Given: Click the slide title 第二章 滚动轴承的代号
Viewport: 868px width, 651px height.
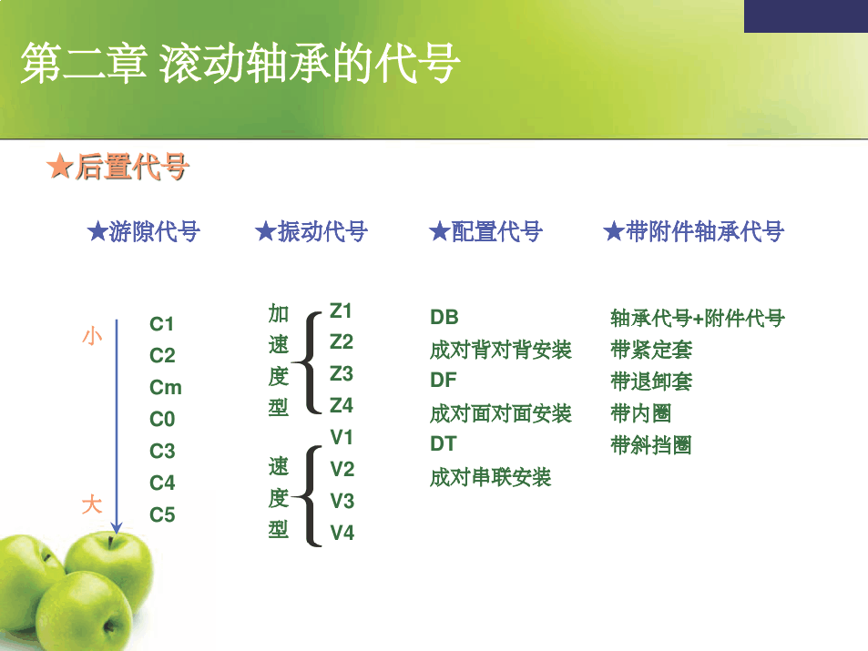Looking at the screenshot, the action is [240, 63].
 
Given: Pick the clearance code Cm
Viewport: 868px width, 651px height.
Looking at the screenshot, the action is [166, 388].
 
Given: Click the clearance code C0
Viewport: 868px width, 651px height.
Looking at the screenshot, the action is [162, 419].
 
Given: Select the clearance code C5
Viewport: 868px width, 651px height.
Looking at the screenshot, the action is [162, 514].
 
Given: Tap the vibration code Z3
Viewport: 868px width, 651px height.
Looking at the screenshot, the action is [341, 373].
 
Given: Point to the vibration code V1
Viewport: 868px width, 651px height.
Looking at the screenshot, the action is [342, 437].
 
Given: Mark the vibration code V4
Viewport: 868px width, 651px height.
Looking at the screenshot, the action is [342, 533].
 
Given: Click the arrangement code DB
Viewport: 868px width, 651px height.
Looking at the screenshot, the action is [444, 317].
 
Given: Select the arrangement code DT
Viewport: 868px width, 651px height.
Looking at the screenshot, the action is [444, 443].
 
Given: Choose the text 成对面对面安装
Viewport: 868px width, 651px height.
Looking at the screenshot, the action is [500, 413].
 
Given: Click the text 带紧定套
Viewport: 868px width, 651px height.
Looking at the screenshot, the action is [651, 350].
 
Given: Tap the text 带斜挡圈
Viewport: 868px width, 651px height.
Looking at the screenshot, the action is [651, 444].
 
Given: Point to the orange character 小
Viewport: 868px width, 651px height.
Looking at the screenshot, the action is [92, 336].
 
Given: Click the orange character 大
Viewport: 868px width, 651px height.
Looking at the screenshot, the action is [92, 504].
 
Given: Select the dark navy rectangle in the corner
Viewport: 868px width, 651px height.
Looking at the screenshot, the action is [806, 16].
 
